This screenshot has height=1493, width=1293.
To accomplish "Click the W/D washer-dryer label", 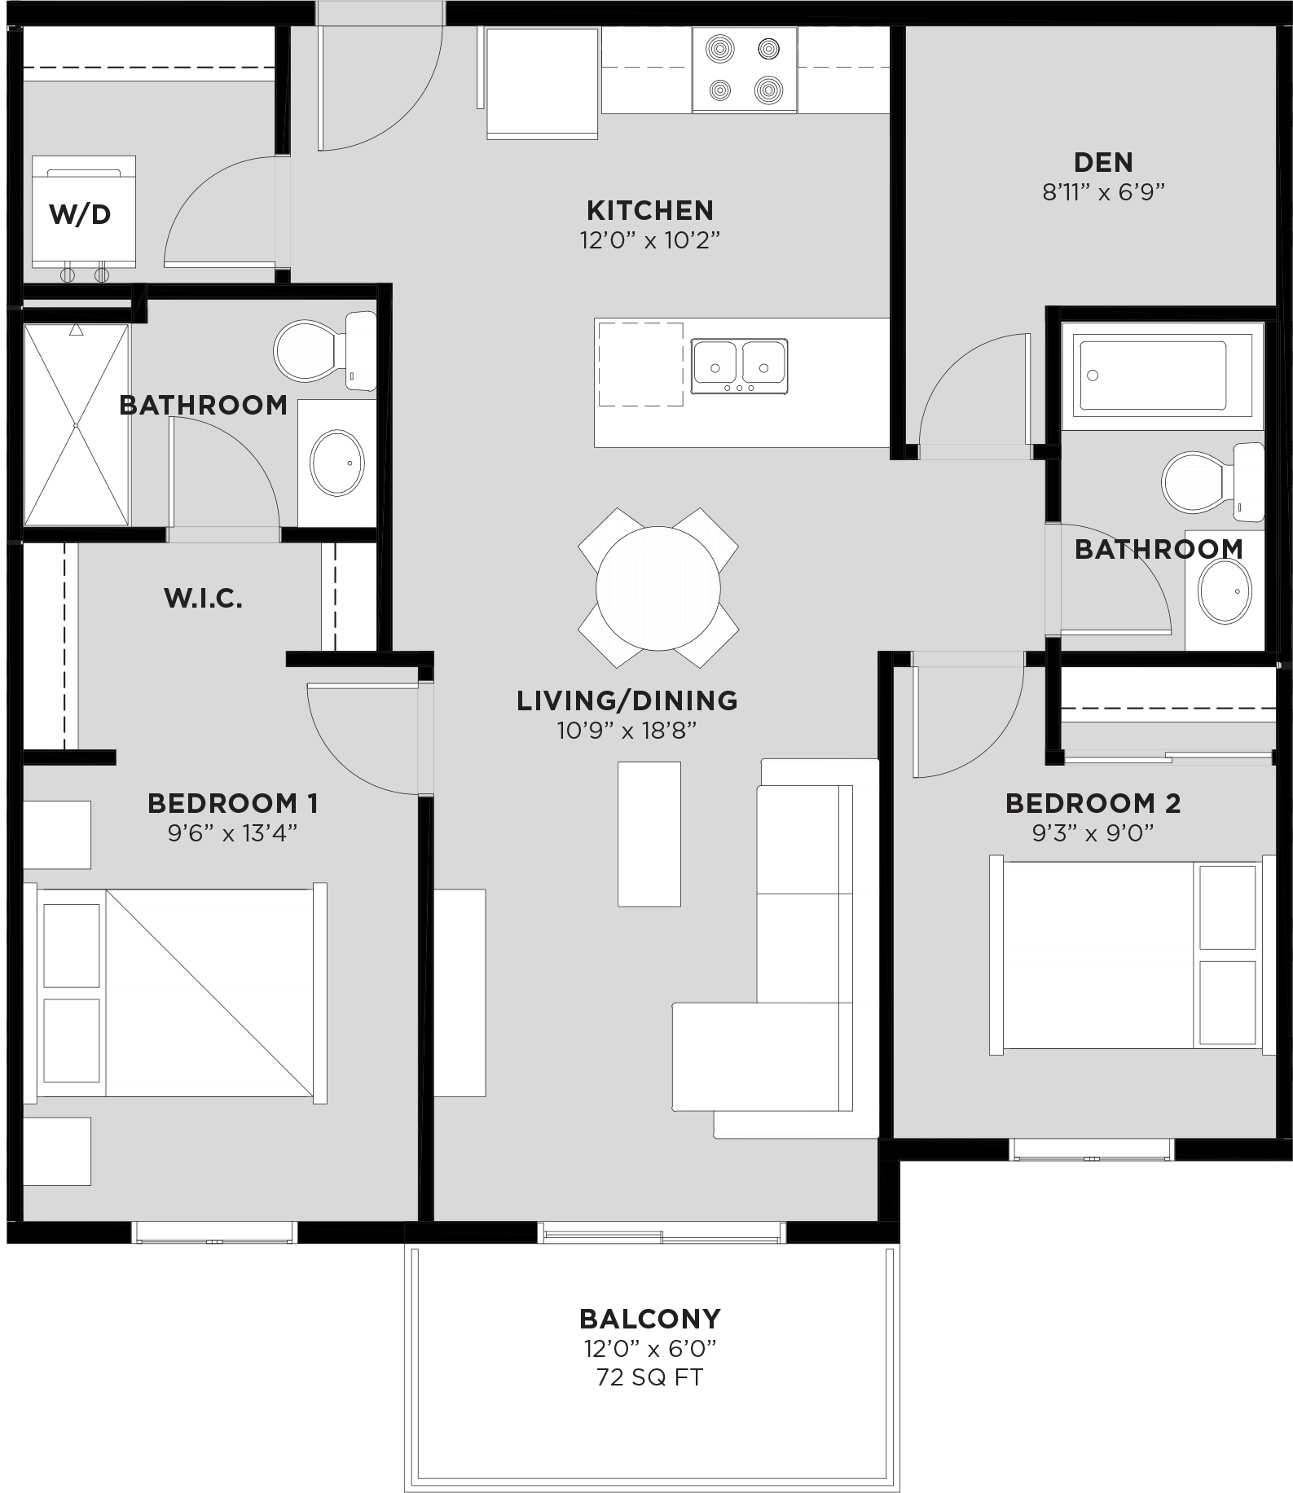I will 80,215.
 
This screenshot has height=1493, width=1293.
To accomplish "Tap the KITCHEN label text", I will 649,211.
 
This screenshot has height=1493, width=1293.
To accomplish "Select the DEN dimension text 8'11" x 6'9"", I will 1103,192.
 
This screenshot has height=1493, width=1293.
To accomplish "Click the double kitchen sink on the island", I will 739,366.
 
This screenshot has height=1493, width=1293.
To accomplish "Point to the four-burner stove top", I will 744,70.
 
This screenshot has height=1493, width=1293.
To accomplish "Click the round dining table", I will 657,588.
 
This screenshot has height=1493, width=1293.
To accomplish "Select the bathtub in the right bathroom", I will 1152,375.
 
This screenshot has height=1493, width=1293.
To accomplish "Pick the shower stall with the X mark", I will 76,424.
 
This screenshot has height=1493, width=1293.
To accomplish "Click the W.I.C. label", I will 203,599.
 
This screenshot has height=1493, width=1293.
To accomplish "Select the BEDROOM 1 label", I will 232,803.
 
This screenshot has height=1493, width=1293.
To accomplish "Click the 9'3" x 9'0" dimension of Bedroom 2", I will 1093,833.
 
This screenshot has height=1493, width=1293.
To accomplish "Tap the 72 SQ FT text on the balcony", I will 649,1377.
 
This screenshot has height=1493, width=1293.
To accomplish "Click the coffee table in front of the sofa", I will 649,833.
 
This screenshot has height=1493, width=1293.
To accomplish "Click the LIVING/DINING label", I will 627,700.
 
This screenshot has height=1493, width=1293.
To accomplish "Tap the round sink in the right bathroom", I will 1224,591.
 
